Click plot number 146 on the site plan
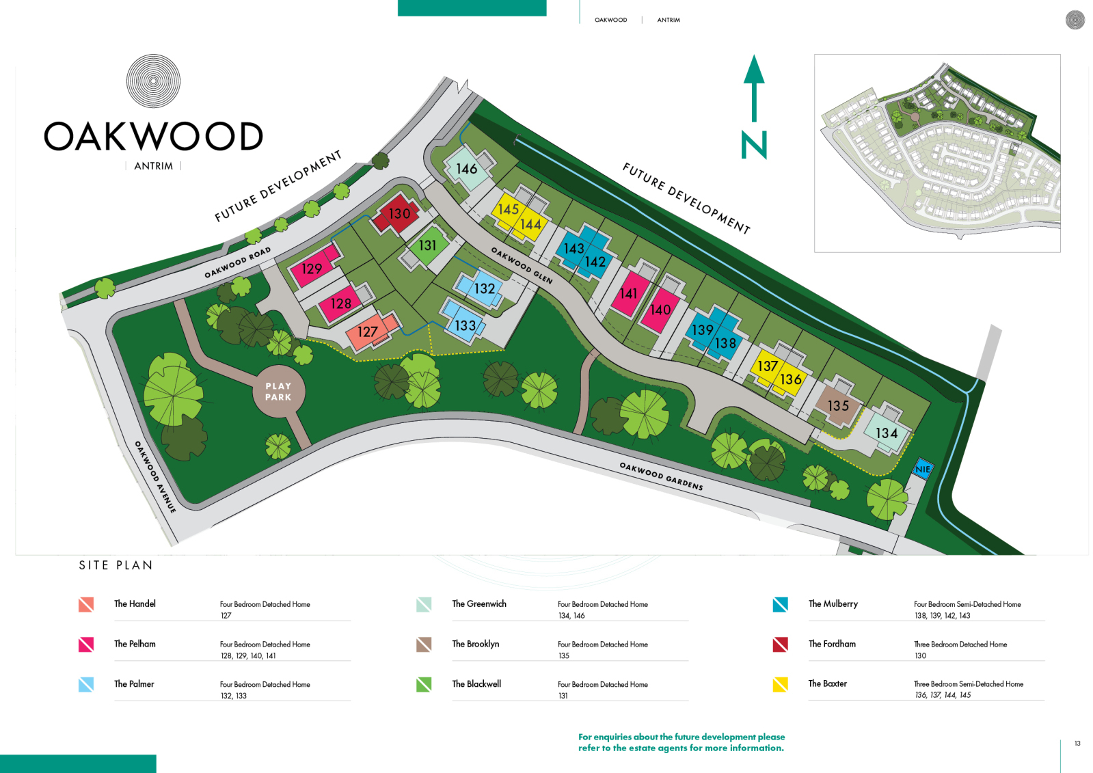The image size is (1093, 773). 466,169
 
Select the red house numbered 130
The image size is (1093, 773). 396,214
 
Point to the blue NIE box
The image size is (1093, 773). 923,470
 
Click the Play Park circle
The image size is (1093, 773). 279,392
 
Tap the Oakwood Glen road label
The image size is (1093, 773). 521,266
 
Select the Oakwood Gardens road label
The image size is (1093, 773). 661,476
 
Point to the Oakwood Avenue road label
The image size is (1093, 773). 154,477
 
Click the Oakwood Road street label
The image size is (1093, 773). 237,262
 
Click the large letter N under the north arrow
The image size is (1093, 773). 754,145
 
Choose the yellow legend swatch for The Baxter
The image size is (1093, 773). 780,684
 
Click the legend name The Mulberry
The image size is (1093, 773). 833,604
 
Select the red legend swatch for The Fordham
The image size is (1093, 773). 780,644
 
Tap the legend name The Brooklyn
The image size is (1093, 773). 476,644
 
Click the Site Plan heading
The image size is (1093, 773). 116,565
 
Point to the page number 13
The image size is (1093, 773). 1077,743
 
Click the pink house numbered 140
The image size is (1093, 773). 661,310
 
